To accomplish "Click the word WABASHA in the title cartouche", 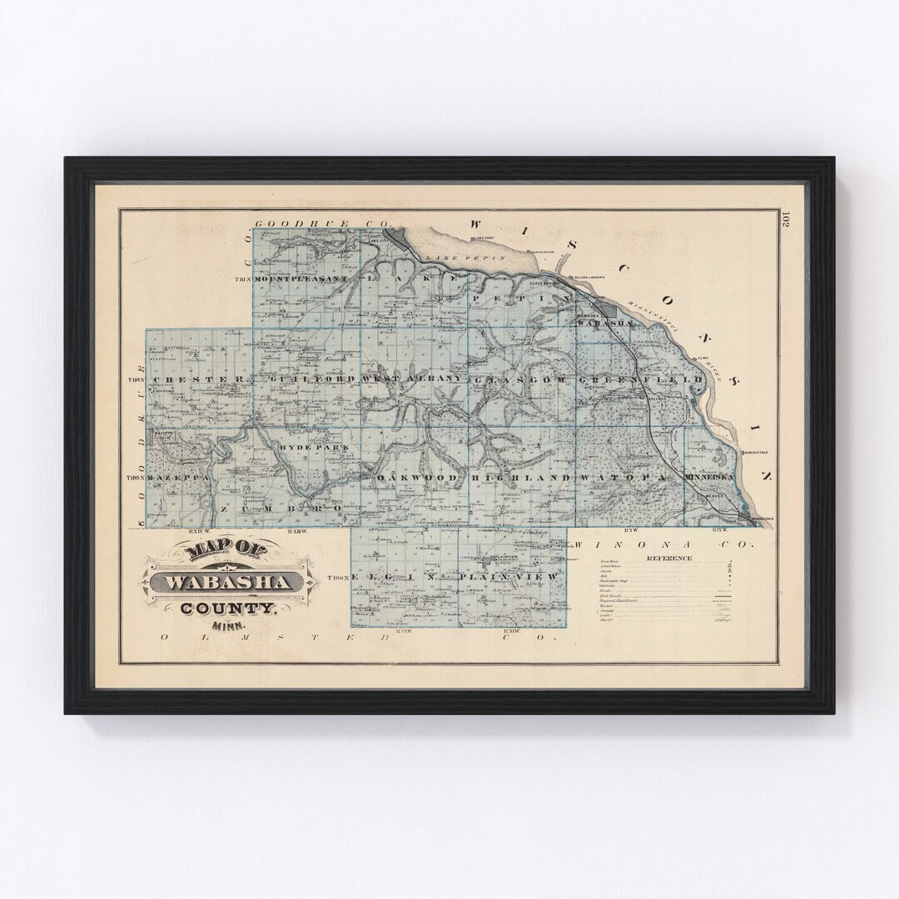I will (229, 581).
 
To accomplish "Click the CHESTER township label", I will (196, 379).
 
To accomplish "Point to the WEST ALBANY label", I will (410, 379).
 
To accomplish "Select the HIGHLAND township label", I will (521, 479).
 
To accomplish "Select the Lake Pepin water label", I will (475, 258).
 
